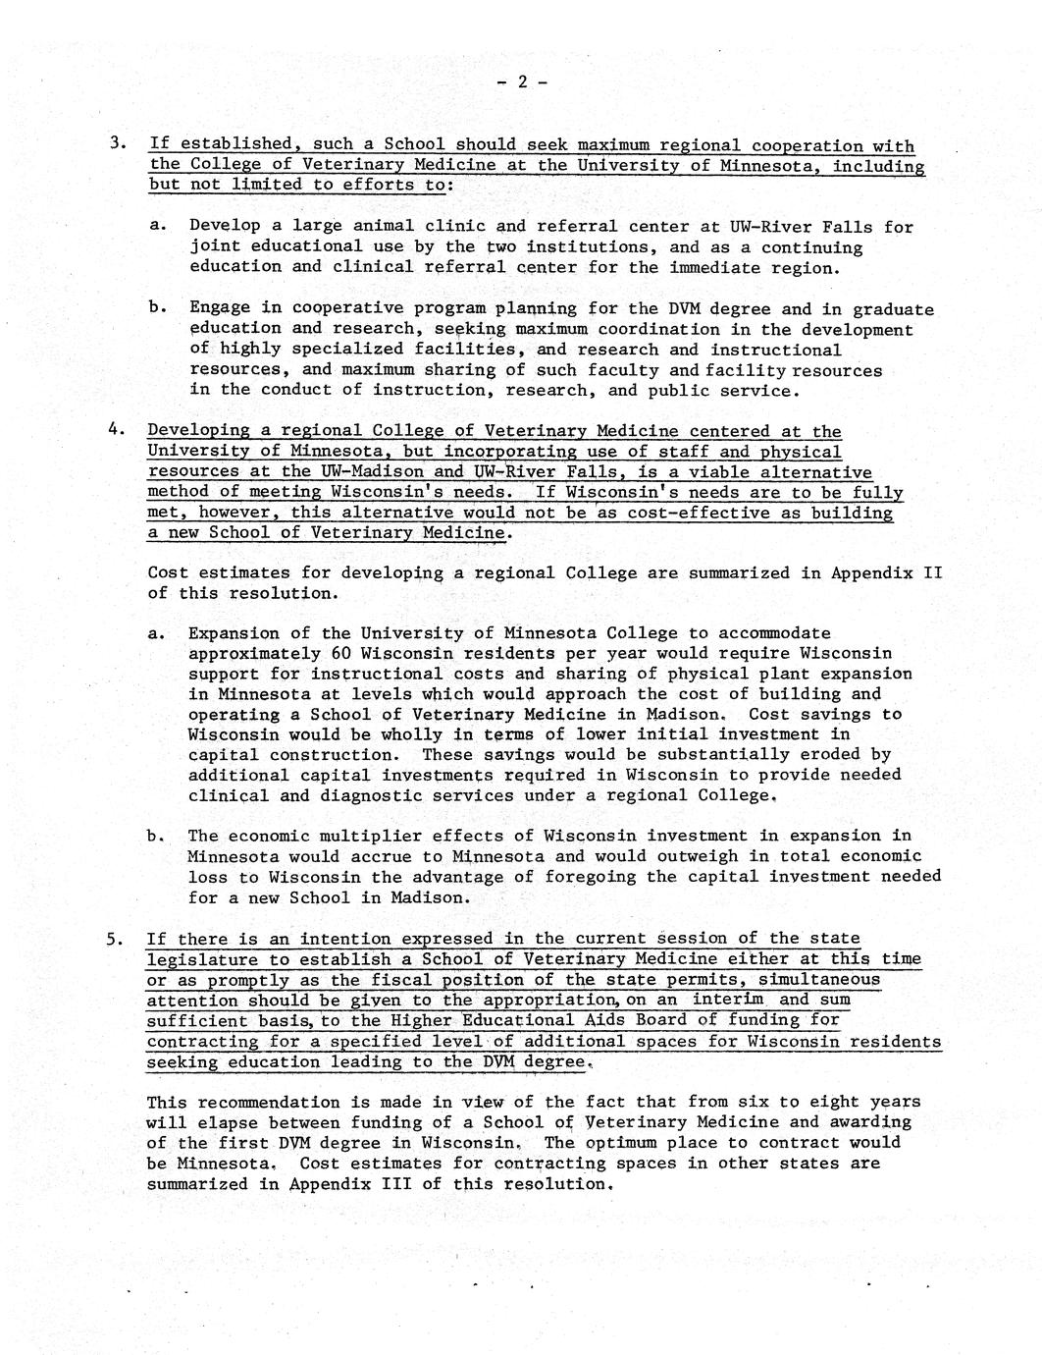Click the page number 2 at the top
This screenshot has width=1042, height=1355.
(x=522, y=82)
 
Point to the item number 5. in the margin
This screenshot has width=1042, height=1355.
(x=118, y=939)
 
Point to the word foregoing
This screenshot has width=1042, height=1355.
(x=607, y=877)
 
